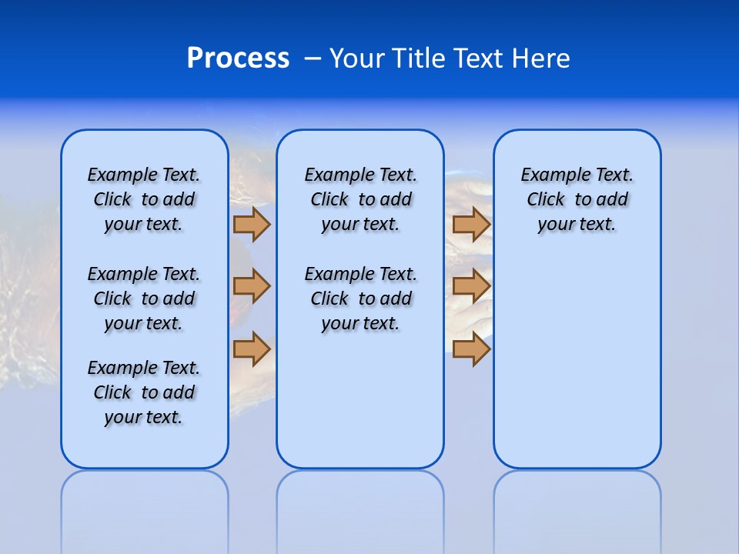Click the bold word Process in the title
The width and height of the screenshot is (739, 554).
click(x=238, y=58)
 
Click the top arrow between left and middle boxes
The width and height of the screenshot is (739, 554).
click(x=252, y=224)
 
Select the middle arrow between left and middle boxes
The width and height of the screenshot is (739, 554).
click(x=252, y=286)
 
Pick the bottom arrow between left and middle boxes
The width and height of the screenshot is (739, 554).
click(x=252, y=349)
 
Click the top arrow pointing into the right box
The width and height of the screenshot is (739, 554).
click(x=471, y=224)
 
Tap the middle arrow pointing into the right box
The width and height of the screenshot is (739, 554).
click(x=471, y=286)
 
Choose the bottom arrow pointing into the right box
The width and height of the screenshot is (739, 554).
click(x=471, y=349)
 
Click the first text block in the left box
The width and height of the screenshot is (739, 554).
click(x=144, y=199)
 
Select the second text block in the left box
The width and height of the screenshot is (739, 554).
click(x=144, y=299)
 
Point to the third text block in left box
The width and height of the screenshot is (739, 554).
click(x=144, y=392)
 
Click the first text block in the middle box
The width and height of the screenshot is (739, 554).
click(x=361, y=199)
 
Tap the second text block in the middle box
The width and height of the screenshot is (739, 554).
click(x=361, y=299)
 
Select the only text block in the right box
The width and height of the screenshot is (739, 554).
click(x=577, y=199)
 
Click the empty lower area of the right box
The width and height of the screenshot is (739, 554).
click(x=577, y=369)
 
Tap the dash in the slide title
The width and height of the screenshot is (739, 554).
click(x=313, y=58)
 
